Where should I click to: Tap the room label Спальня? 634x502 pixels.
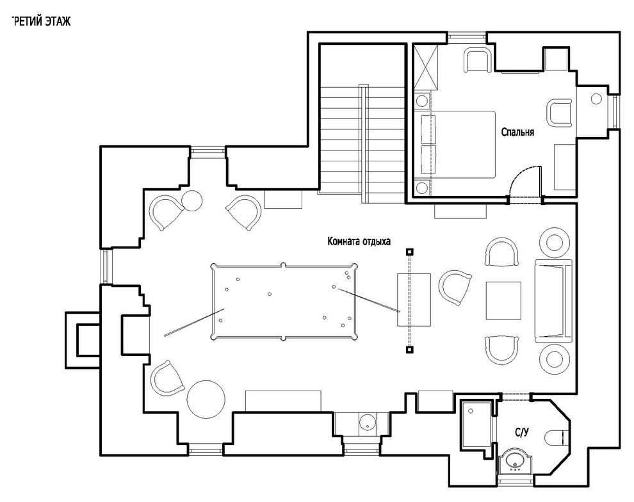click(x=517, y=132)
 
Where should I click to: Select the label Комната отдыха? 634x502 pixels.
click(x=359, y=241)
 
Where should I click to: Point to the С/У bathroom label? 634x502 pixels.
click(x=522, y=433)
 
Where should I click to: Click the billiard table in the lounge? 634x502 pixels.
click(x=284, y=301)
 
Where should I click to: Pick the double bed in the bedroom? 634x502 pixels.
click(x=459, y=144)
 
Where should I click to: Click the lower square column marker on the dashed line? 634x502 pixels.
click(x=409, y=350)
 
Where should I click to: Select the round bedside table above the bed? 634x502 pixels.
click(x=422, y=101)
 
